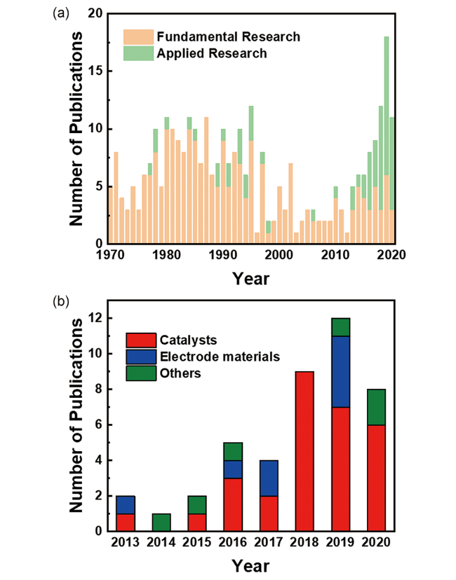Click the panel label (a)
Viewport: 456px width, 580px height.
[61, 13]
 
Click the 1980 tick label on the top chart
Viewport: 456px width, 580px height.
[166, 255]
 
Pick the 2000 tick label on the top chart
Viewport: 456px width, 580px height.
[279, 255]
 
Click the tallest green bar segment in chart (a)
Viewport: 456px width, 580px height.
[387, 105]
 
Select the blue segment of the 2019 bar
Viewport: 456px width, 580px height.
[340, 371]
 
